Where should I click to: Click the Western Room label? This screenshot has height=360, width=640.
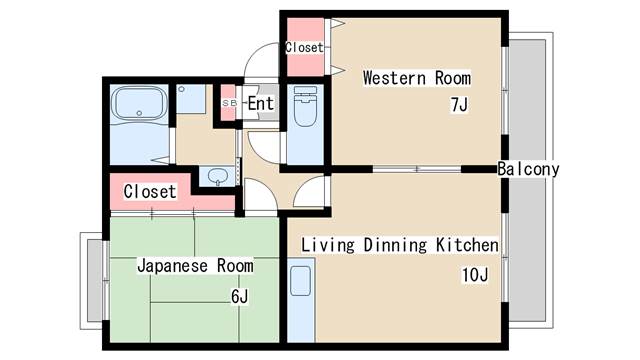coord(417,78)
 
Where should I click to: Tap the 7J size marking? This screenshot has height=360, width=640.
coord(459,105)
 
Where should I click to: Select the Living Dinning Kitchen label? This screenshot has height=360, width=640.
coord(400,245)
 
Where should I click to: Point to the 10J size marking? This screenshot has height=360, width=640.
coord(475,275)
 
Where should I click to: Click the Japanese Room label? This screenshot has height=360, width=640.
coord(195,266)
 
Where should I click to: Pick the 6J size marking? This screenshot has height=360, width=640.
coord(240,296)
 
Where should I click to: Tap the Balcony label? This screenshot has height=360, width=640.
coord(528,169)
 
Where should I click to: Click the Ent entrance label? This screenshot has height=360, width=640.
coord(260,103)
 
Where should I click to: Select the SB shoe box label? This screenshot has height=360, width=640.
coord(229,104)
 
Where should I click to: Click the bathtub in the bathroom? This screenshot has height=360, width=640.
coord(139,103)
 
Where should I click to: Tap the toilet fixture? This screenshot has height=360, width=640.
coord(305,106)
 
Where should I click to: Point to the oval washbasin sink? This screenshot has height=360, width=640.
coord(218,176)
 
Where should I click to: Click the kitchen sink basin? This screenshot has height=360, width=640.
coord(300,281)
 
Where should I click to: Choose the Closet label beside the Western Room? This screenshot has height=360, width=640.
coord(304,47)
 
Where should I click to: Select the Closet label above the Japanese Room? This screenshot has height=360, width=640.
coord(150,191)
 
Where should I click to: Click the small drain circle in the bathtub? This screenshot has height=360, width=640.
coord(139,113)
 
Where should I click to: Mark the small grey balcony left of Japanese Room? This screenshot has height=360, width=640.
coord(95,280)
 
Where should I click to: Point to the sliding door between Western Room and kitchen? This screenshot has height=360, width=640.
coord(417,169)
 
